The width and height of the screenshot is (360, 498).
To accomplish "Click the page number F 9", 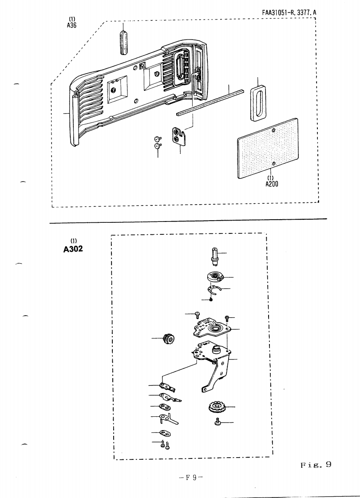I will (x=191, y=478).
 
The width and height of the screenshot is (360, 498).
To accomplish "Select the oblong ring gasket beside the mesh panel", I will (x=257, y=103).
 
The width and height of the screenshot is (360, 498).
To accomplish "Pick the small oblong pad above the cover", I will (x=124, y=42).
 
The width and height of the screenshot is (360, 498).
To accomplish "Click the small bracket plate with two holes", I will (x=179, y=135).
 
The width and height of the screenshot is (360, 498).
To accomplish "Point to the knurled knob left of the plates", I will (x=170, y=340).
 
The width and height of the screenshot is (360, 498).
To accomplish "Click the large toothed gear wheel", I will (x=218, y=407).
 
